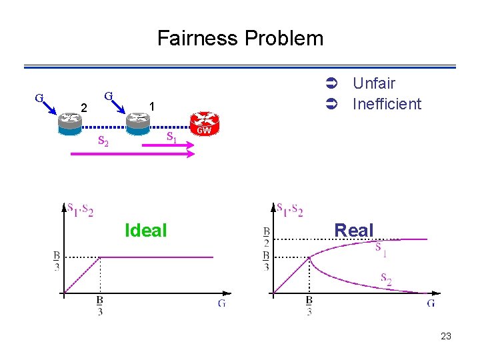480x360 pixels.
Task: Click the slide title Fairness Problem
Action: pyautogui.click(x=240, y=38)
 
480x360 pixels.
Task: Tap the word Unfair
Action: pyautogui.click(x=373, y=83)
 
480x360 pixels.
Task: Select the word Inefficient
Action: pyautogui.click(x=387, y=104)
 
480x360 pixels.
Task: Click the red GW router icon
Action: pyautogui.click(x=204, y=122)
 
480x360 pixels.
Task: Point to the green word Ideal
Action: pyautogui.click(x=145, y=231)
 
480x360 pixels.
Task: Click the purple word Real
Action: pyautogui.click(x=354, y=231)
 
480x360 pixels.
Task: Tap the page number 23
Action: pyautogui.click(x=446, y=337)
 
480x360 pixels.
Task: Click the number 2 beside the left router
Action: pyautogui.click(x=83, y=107)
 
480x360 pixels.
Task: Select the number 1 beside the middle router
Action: pyautogui.click(x=153, y=107)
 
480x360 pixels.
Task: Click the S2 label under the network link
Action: pyautogui.click(x=103, y=141)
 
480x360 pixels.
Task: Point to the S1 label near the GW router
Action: pyautogui.click(x=171, y=138)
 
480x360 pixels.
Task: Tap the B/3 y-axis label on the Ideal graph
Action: pyautogui.click(x=57, y=261)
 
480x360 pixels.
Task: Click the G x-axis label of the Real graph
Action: pyautogui.click(x=431, y=303)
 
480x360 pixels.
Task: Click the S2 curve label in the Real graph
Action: pyautogui.click(x=385, y=279)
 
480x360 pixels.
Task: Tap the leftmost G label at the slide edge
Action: pyautogui.click(x=39, y=97)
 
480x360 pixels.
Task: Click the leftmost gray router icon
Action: pyautogui.click(x=69, y=119)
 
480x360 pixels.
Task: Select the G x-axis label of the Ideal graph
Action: pyautogui.click(x=221, y=303)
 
